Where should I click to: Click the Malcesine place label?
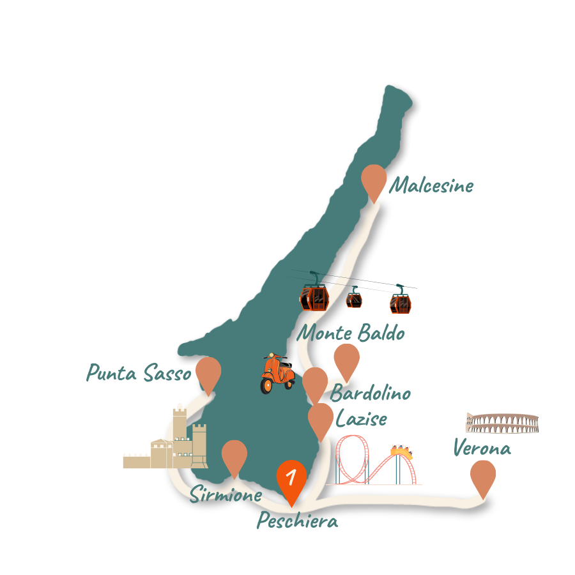tap(431, 186)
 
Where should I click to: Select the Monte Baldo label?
tap(352, 333)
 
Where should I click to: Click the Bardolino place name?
tap(371, 393)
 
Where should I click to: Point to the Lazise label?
tap(361, 419)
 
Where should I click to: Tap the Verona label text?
tap(482, 448)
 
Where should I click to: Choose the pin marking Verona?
tap(483, 475)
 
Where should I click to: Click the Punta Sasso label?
tap(139, 373)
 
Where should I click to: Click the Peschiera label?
tap(297, 521)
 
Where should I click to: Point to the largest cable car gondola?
tap(314, 297)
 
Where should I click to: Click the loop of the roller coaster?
tap(353, 458)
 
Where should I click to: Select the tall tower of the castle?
tap(180, 425)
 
